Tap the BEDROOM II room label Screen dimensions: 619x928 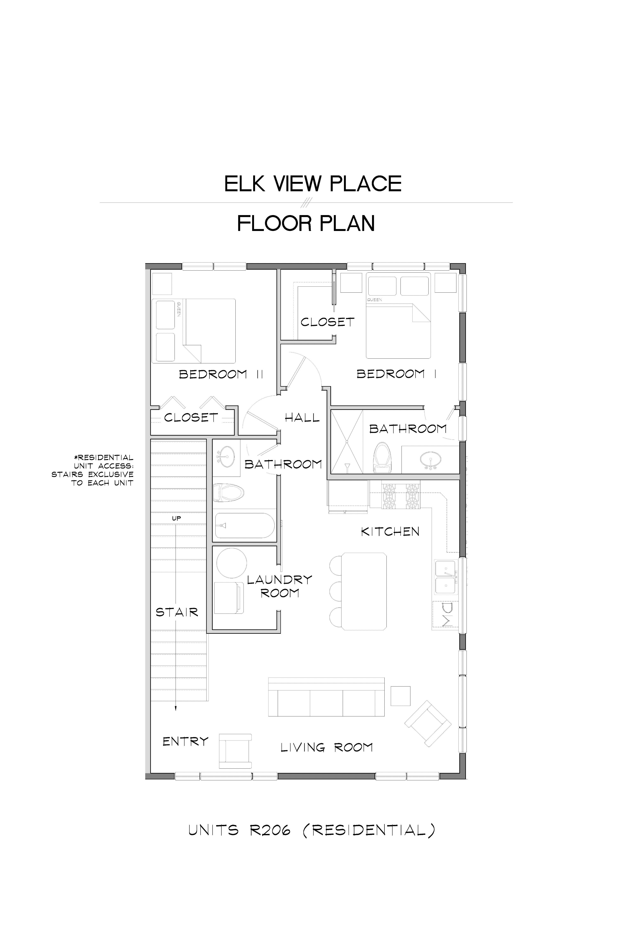[221, 374]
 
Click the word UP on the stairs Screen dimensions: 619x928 [176, 518]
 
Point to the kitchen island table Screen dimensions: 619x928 [364, 591]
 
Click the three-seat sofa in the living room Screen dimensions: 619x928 [326, 697]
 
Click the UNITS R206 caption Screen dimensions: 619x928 [312, 830]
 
